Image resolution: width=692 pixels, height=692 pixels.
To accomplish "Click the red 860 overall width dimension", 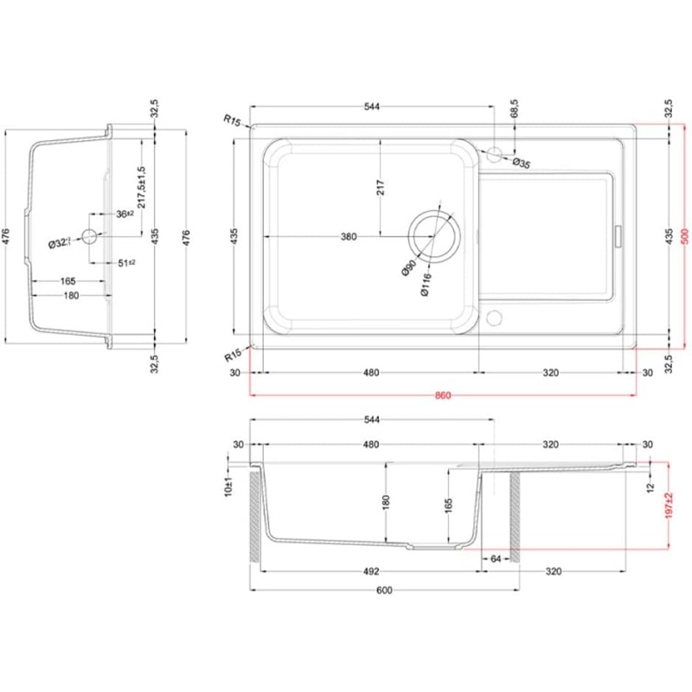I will (442, 395).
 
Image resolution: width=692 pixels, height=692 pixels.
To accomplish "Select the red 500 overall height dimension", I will (683, 234).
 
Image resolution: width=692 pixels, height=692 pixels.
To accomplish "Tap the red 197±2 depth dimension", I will (669, 507).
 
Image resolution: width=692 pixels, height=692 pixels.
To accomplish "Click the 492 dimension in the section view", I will (370, 571).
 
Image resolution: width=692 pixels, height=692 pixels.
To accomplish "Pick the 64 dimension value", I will (496, 560).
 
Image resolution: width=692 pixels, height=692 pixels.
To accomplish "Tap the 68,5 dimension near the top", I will (515, 109).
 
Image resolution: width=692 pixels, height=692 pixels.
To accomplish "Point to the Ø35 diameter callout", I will (522, 163).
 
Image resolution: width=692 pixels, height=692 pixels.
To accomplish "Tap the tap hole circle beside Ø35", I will (494, 154).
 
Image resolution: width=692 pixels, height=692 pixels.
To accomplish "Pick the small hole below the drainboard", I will (494, 315).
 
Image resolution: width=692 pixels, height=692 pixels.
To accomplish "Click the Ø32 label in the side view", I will (58, 245).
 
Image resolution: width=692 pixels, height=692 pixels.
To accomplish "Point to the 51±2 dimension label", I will (126, 263).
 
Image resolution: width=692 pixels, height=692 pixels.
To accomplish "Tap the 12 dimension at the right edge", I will (651, 490).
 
